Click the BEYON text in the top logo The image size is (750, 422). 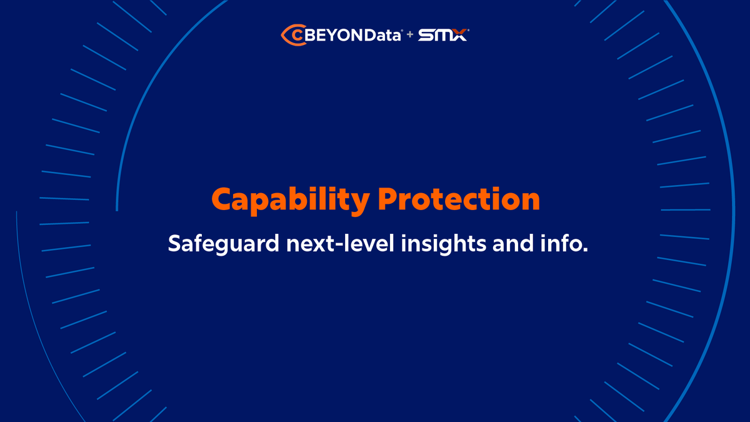pyautogui.click(x=329, y=35)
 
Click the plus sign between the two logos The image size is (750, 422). pyautogui.click(x=410, y=36)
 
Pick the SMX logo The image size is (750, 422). pyautogui.click(x=442, y=35)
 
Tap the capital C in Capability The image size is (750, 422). pyautogui.click(x=224, y=199)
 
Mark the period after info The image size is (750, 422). pyautogui.click(x=586, y=249)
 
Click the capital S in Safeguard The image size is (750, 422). pyautogui.click(x=174, y=243)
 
